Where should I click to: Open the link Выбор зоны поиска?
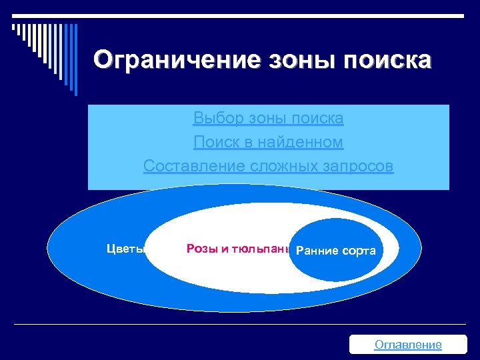268,119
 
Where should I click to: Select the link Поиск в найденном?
268,142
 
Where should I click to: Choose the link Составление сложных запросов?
268,165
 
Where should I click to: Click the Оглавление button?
408,344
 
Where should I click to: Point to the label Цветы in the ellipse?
125,249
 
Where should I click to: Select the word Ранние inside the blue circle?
317,251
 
